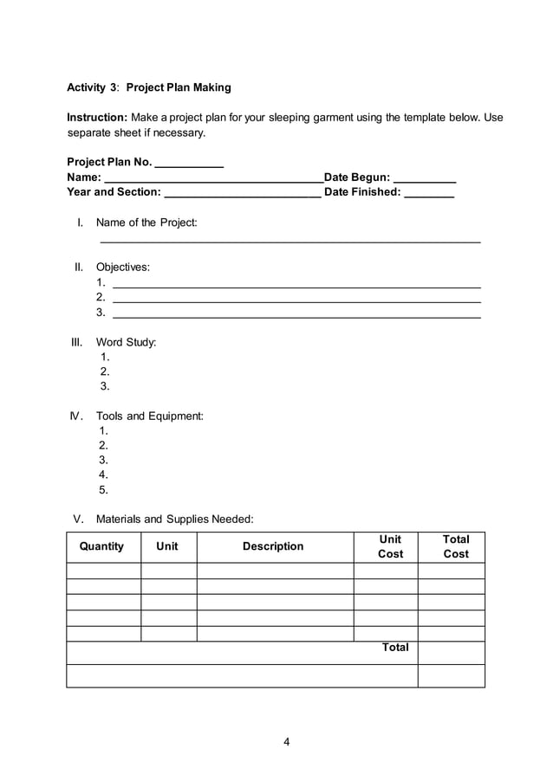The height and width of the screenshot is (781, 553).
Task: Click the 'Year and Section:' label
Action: pos(114,192)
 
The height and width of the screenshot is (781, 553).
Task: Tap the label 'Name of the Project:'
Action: pos(146,223)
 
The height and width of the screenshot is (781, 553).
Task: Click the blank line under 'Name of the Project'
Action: pos(290,242)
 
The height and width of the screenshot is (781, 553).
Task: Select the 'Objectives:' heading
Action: pos(122,267)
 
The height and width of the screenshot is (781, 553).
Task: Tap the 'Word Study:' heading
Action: pos(126,342)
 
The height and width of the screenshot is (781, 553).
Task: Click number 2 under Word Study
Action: pos(105,371)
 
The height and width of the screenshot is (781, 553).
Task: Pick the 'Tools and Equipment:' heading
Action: pos(149,416)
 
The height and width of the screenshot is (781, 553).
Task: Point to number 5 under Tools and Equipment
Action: pos(103,489)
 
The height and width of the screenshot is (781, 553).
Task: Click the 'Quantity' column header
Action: pos(101,546)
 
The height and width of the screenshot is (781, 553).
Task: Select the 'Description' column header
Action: pos(273,546)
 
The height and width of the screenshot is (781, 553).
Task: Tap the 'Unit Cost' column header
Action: pos(390,546)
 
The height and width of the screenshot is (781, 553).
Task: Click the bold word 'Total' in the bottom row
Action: pos(395,648)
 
